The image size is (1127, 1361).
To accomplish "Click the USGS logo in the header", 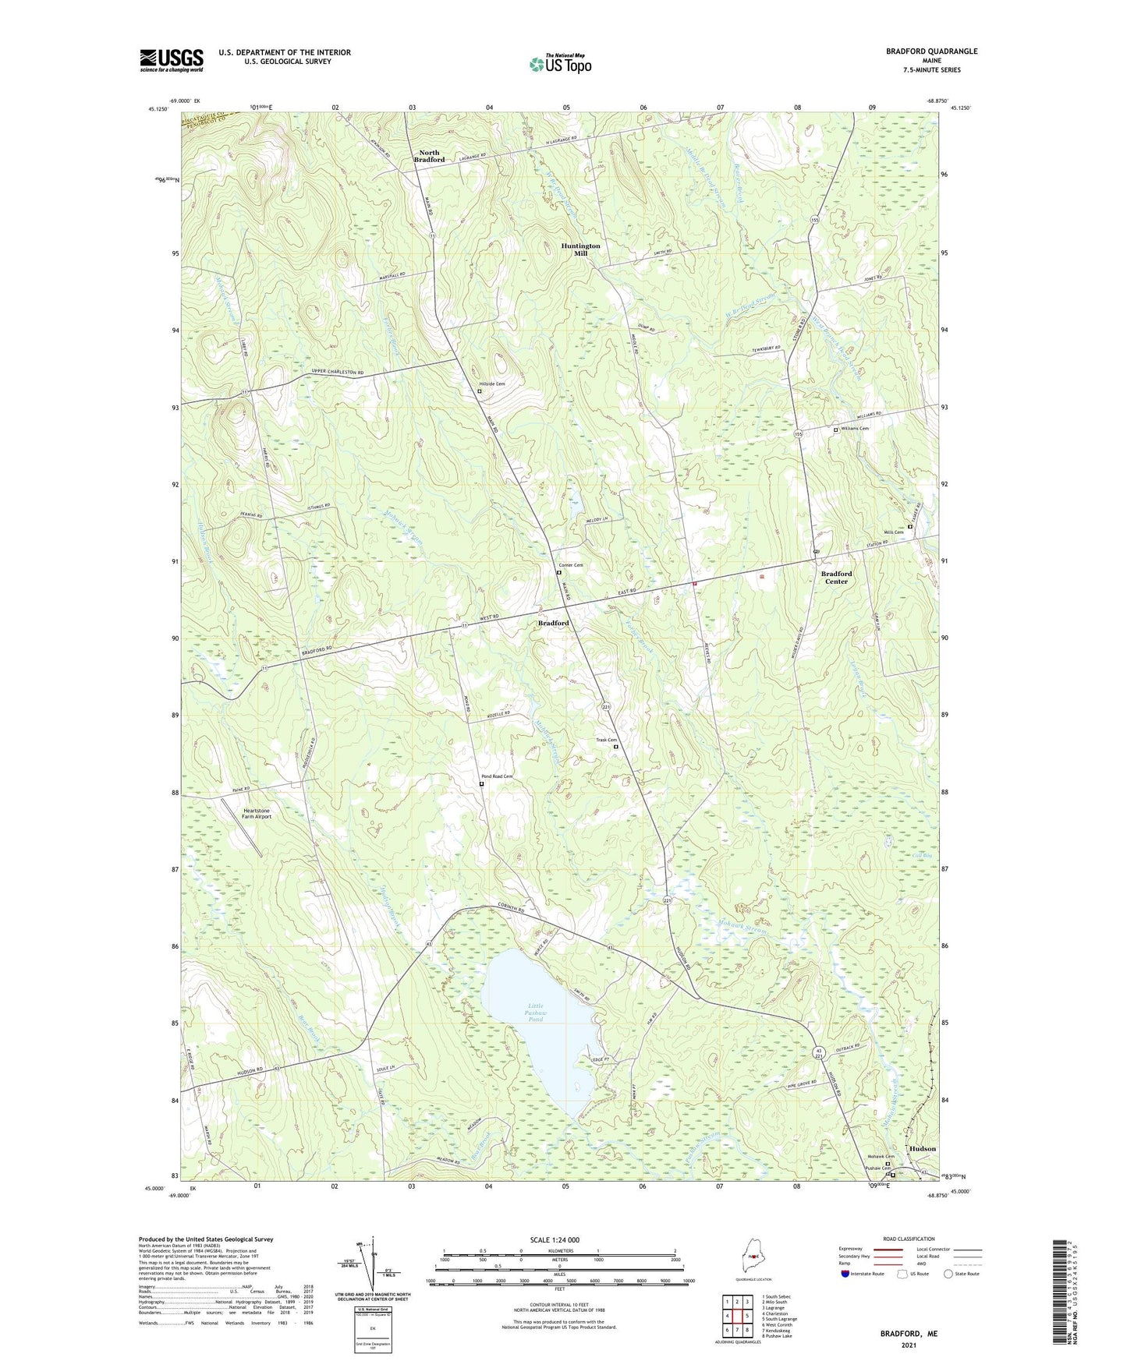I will (172, 60).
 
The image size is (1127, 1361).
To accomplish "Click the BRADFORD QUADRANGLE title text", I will (931, 51).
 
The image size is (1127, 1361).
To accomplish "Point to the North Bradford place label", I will (429, 156).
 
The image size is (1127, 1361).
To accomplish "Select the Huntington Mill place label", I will (581, 249).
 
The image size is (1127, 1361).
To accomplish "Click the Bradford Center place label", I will (836, 578).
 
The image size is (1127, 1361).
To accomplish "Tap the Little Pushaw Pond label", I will (536, 1013).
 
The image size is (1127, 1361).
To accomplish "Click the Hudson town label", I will (923, 1148).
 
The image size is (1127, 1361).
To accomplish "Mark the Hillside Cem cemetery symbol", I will (480, 391).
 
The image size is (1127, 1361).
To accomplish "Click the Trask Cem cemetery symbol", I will (615, 747).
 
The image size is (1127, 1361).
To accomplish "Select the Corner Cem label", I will (571, 565).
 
